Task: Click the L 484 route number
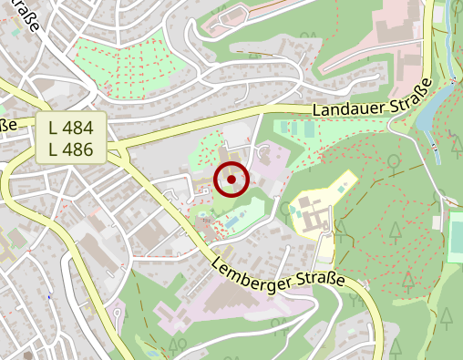(72, 129)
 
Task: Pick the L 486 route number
(72, 149)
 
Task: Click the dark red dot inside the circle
(231, 180)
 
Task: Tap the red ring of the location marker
(231, 163)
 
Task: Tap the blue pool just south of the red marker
(234, 220)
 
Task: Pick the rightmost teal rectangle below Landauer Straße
(310, 130)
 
